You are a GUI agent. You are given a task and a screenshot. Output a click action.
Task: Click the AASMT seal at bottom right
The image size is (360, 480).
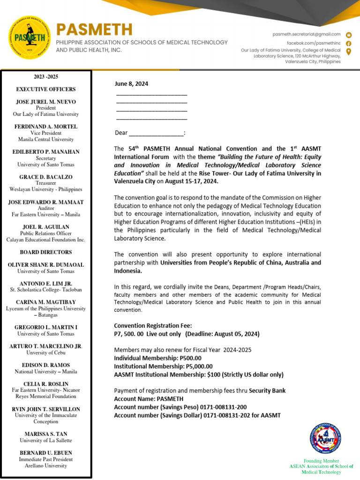325,438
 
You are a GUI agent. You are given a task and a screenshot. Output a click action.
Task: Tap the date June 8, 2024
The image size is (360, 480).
132,84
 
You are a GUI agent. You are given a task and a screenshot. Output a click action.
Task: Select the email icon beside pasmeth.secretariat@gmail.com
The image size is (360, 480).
349,35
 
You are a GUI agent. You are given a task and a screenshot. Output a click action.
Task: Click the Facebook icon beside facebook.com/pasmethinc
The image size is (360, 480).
349,43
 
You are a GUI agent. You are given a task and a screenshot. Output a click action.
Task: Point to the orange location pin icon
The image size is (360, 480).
349,52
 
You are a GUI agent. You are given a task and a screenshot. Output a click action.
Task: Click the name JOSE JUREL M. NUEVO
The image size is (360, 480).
46,102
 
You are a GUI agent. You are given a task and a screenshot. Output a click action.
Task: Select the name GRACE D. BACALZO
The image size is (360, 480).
46,177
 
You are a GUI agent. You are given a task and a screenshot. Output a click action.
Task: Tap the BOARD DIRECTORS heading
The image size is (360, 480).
46,252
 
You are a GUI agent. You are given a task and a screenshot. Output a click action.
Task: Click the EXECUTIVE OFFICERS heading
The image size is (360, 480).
46,89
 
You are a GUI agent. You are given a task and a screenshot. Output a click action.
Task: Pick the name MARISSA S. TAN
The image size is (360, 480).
46,434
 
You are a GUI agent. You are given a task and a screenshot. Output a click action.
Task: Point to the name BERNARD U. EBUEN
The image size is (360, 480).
46,453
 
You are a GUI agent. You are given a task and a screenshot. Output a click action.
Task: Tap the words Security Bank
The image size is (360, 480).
267,390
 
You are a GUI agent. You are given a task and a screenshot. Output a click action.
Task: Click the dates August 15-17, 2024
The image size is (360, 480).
192,181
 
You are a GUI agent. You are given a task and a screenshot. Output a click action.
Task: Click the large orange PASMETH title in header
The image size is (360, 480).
94,30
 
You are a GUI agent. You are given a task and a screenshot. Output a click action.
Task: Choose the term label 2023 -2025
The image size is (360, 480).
46,77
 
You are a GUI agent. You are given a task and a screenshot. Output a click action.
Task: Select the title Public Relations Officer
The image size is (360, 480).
46,233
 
